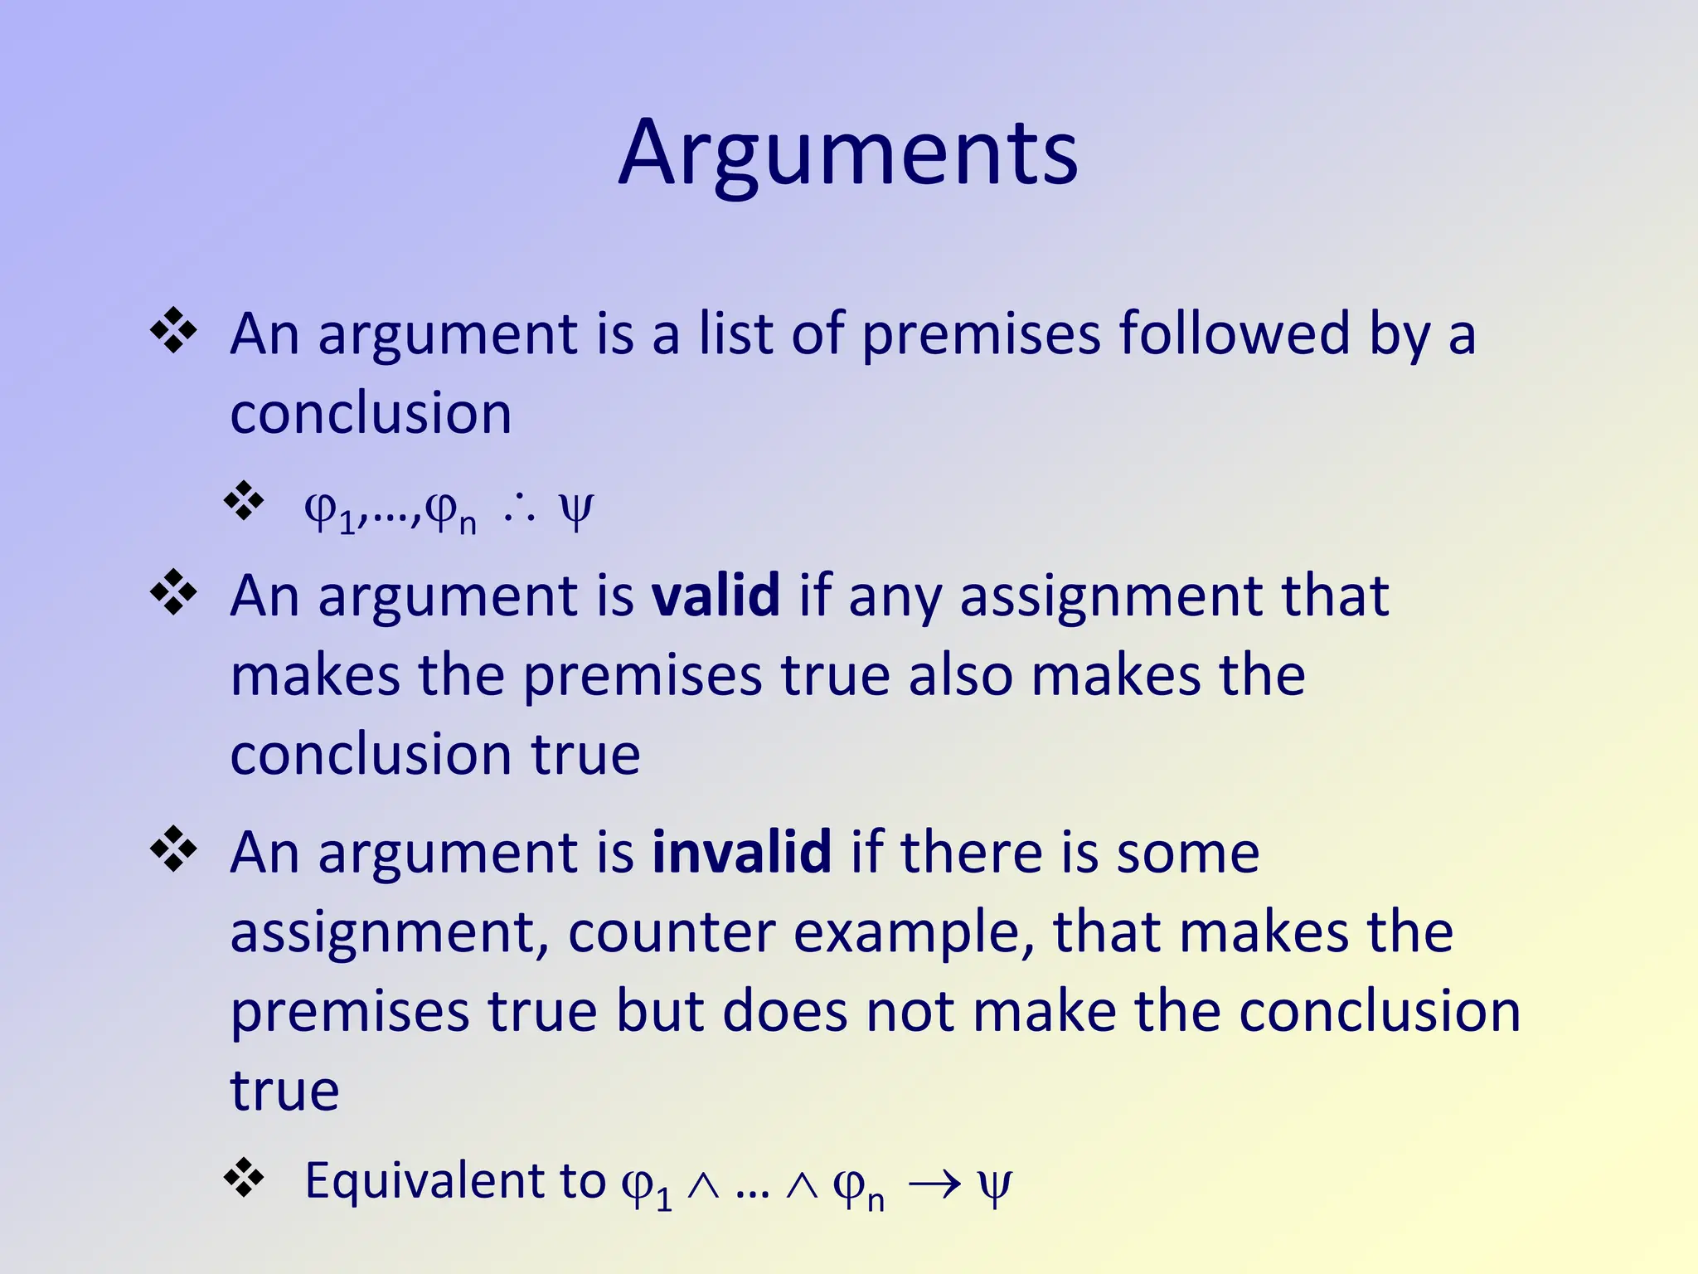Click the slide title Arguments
pyautogui.click(x=848, y=153)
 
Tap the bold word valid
pyautogui.click(x=716, y=596)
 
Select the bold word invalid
pyautogui.click(x=741, y=853)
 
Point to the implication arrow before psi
pyautogui.click(x=934, y=1184)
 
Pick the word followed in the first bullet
pyautogui.click(x=1235, y=333)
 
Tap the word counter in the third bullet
pyautogui.click(x=671, y=932)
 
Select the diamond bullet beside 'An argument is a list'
pyautogui.click(x=173, y=330)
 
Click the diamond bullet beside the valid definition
pyautogui.click(x=173, y=592)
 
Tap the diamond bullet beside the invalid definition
pyautogui.click(x=173, y=849)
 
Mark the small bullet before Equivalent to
pyautogui.click(x=244, y=1177)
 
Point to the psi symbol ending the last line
pyautogui.click(x=994, y=1186)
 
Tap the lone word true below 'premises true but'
pyautogui.click(x=284, y=1091)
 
